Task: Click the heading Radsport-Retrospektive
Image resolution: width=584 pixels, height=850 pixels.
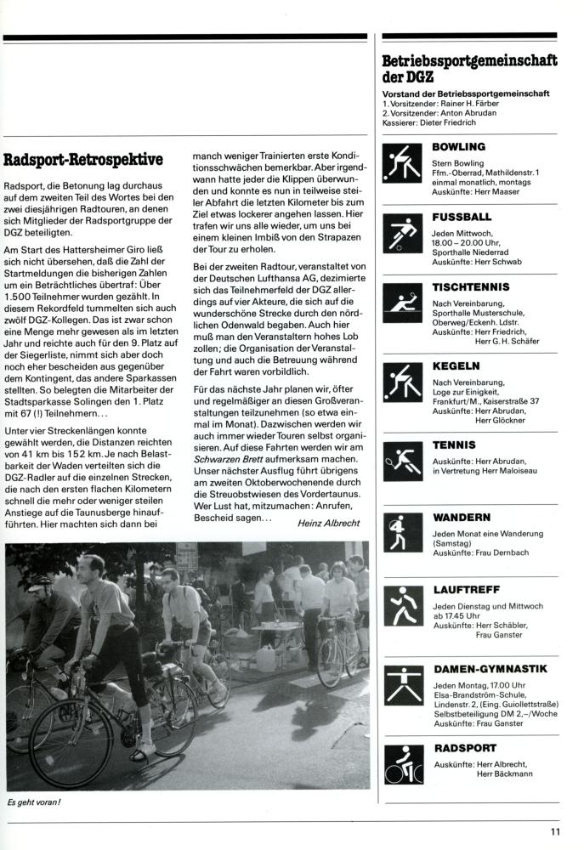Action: [x=83, y=159]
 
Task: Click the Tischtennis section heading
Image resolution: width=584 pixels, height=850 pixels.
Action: [x=471, y=287]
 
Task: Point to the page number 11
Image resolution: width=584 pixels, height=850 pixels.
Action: [x=554, y=833]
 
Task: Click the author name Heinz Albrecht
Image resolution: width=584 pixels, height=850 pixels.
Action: [x=328, y=524]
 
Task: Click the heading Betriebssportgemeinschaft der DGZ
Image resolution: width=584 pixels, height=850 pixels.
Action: [x=469, y=68]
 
